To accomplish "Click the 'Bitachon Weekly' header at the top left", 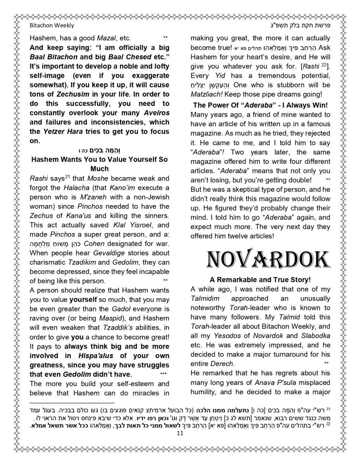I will (x=52, y=26).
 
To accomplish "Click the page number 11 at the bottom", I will (x=180, y=433).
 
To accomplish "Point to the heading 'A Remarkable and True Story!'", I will (x=260, y=280).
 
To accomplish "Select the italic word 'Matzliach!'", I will (x=206, y=94).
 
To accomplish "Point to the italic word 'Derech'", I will (x=222, y=364).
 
